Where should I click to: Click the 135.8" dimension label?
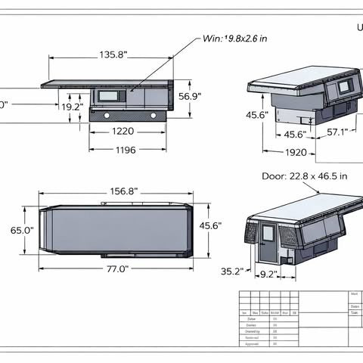tap(113, 54)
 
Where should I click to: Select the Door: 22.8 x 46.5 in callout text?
tap(304, 176)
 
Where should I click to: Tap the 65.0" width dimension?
tap(22, 230)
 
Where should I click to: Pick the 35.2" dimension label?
tap(232, 271)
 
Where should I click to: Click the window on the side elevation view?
tap(105, 97)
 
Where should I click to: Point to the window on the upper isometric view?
tap(343, 87)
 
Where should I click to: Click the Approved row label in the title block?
tap(251, 343)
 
